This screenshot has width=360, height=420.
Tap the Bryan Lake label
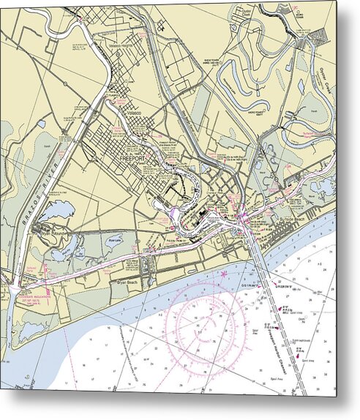click(x=113, y=238)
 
